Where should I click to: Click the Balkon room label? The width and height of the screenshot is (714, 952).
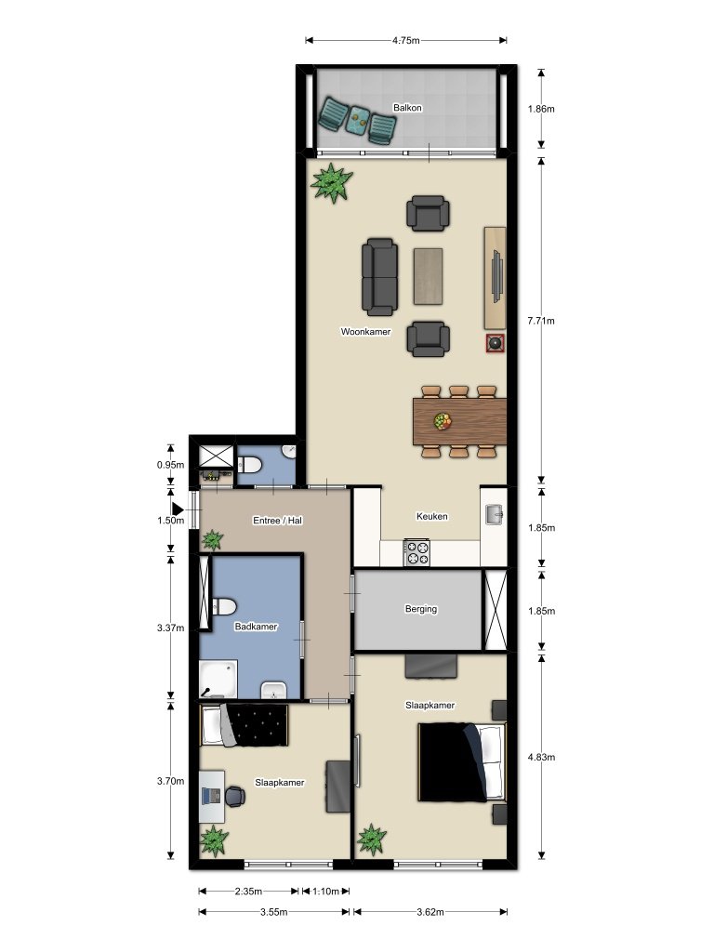point(407,108)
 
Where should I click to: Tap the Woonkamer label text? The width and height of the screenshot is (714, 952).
point(365,331)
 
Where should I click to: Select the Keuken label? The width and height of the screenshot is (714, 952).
point(431,517)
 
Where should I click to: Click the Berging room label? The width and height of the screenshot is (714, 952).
point(420,610)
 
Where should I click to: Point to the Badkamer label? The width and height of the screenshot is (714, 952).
point(256,627)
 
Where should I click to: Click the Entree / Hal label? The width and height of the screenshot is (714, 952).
point(277,521)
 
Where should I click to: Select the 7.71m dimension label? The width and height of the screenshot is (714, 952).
point(540,321)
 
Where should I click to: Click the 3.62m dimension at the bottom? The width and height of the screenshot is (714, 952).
point(430,912)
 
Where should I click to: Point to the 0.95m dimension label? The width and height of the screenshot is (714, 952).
point(170,464)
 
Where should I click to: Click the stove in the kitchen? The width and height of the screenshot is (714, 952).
point(416,553)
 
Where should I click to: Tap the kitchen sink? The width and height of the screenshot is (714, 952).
point(495,512)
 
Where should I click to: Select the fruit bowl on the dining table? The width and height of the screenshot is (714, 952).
point(443,421)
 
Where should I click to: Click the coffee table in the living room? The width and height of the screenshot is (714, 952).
point(430,275)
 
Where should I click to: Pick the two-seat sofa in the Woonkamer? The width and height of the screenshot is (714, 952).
point(379,276)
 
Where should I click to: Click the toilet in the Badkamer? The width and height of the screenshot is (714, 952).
point(223,607)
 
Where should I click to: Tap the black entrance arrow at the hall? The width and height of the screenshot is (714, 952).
point(178,508)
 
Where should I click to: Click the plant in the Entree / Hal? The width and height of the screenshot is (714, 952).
point(213,539)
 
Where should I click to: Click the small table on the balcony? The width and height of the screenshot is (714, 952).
point(358,118)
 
